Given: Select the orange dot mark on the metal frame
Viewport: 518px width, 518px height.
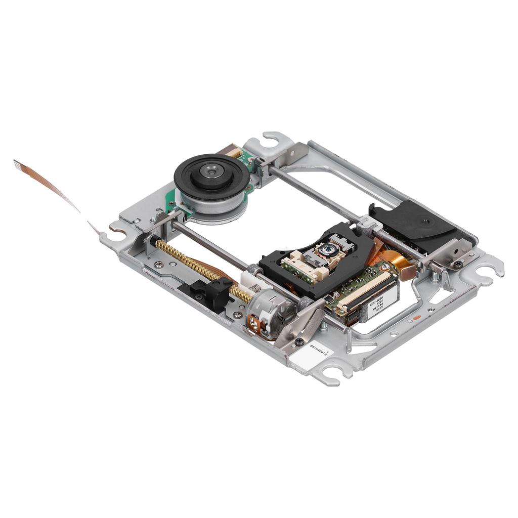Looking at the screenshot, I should click(417, 317).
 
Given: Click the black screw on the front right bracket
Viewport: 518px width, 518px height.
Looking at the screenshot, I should click(458, 264).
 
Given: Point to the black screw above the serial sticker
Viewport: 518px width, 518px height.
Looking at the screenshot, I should click(299, 342).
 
